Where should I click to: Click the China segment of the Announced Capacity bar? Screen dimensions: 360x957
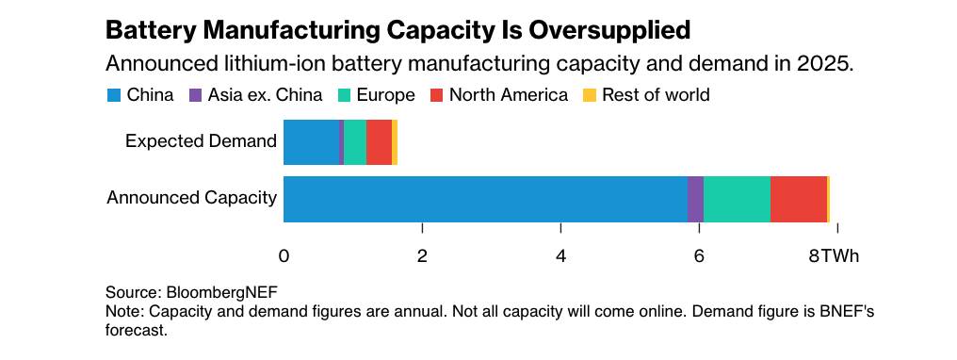pyautogui.click(x=485, y=199)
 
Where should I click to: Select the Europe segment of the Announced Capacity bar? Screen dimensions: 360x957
pyautogui.click(x=737, y=199)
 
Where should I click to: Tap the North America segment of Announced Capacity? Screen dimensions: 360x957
pyautogui.click(x=798, y=199)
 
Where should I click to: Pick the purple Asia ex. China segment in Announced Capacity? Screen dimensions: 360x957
pyautogui.click(x=695, y=199)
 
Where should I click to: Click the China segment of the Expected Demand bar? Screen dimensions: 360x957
pyautogui.click(x=311, y=142)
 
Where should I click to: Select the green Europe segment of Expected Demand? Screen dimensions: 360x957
pyautogui.click(x=355, y=142)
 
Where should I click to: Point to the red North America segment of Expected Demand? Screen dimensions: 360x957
pyautogui.click(x=379, y=142)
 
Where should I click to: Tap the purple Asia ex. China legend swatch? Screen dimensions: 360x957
pyautogui.click(x=197, y=95)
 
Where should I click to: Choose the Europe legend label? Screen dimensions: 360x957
pyautogui.click(x=385, y=95)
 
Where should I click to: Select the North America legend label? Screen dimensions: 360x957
pyautogui.click(x=509, y=95)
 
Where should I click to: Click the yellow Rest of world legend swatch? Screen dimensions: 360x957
pyautogui.click(x=590, y=95)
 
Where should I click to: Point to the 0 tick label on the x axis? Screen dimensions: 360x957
pyautogui.click(x=284, y=256)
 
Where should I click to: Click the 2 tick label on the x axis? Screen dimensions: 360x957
pyautogui.click(x=422, y=256)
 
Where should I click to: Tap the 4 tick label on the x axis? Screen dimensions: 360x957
pyautogui.click(x=560, y=256)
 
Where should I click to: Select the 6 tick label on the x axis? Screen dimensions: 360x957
pyautogui.click(x=699, y=256)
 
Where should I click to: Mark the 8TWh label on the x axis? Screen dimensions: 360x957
pyautogui.click(x=834, y=256)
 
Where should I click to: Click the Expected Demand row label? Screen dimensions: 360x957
pyautogui.click(x=201, y=142)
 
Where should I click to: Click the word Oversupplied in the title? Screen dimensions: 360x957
pyautogui.click(x=605, y=30)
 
